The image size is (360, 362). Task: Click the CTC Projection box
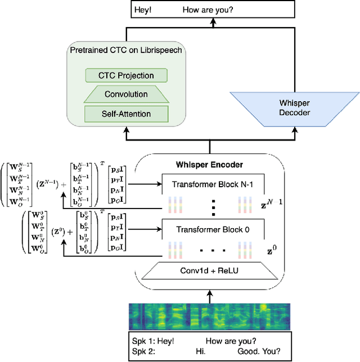click(127, 75)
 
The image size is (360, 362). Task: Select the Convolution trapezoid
click(127, 94)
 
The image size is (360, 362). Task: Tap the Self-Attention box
click(127, 114)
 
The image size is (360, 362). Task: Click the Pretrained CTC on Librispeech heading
click(127, 51)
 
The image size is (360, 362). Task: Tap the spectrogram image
click(210, 318)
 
